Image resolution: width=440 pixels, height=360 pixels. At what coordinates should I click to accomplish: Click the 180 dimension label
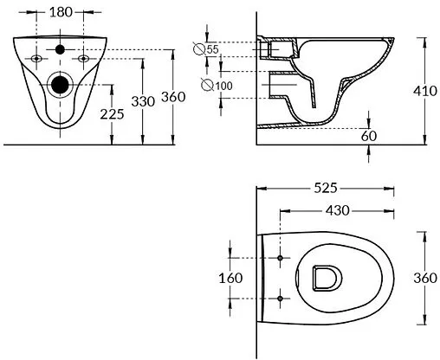click(x=61, y=12)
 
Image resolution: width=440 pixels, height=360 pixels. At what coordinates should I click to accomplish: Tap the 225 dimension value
click(x=112, y=114)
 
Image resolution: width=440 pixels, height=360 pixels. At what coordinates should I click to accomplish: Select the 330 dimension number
click(x=143, y=101)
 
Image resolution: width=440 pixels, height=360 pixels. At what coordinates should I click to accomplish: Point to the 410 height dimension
click(x=425, y=91)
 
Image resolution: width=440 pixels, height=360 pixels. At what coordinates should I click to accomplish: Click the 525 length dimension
click(x=326, y=189)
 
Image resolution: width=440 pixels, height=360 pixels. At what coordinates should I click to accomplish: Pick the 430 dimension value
click(x=338, y=210)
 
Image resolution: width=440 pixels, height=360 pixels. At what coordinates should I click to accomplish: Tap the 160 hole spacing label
click(x=230, y=279)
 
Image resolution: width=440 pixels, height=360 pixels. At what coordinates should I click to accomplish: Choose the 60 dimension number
click(x=369, y=136)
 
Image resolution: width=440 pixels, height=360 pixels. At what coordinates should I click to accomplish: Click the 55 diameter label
click(x=213, y=49)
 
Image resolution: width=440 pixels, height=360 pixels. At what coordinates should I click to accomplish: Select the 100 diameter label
click(x=223, y=86)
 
